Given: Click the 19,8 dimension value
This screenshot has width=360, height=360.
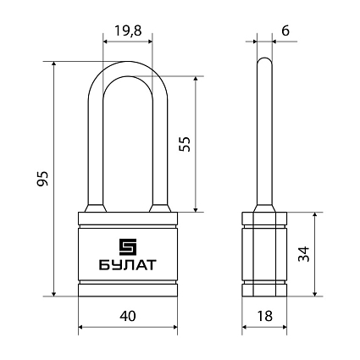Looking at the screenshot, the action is point(128,30).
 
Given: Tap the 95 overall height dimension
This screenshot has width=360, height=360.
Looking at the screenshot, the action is point(43,179).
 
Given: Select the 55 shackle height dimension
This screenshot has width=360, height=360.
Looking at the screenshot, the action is point(186,144).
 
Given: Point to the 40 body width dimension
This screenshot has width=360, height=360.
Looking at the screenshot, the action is point(128,316).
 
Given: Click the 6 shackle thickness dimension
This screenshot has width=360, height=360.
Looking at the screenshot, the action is point(285,30).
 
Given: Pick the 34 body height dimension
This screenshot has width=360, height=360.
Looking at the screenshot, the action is point(304,254).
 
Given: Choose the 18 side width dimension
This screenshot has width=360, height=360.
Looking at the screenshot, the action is point(265,316).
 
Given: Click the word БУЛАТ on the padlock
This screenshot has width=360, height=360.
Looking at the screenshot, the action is point(128,265).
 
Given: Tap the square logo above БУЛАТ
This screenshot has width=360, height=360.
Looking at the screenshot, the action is point(128,246).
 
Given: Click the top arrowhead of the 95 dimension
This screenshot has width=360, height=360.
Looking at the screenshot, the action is point(54,64).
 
